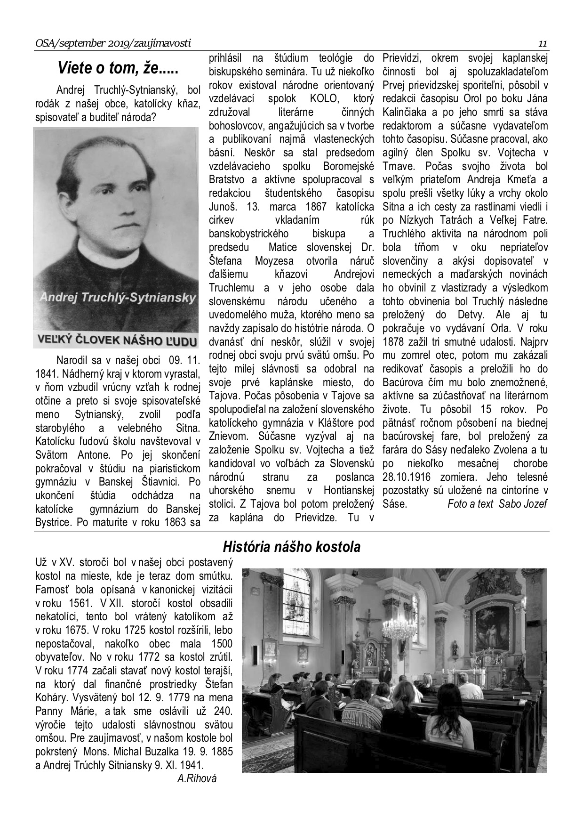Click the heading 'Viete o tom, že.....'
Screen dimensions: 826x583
(x=118, y=69)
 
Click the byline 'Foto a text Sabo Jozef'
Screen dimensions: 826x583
(x=497, y=504)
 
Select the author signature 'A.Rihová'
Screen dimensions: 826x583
(x=197, y=778)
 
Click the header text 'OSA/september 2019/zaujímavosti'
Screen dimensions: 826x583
(x=113, y=44)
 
